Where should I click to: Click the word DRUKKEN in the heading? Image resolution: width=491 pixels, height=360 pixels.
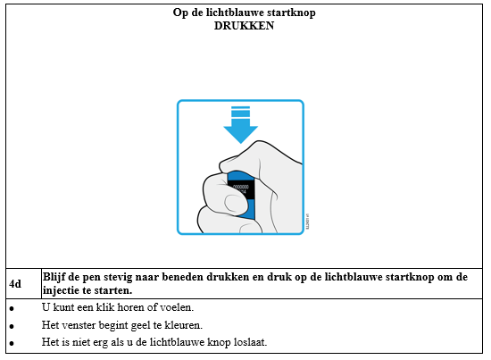[244, 26]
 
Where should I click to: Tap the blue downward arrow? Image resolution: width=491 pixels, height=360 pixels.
[240, 125]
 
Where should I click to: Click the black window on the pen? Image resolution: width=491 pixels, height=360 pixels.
[241, 189]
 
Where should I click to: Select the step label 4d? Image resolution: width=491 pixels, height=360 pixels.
[15, 284]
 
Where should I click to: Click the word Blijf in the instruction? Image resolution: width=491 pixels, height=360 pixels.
[54, 277]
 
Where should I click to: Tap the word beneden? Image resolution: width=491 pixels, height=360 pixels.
[182, 277]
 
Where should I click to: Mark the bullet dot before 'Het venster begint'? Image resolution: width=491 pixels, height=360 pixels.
[12, 326]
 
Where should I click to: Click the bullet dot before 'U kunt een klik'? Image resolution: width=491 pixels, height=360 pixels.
[12, 309]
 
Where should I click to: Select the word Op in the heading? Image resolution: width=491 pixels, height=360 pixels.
[180, 13]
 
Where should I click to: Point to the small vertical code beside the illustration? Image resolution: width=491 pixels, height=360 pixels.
[307, 222]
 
